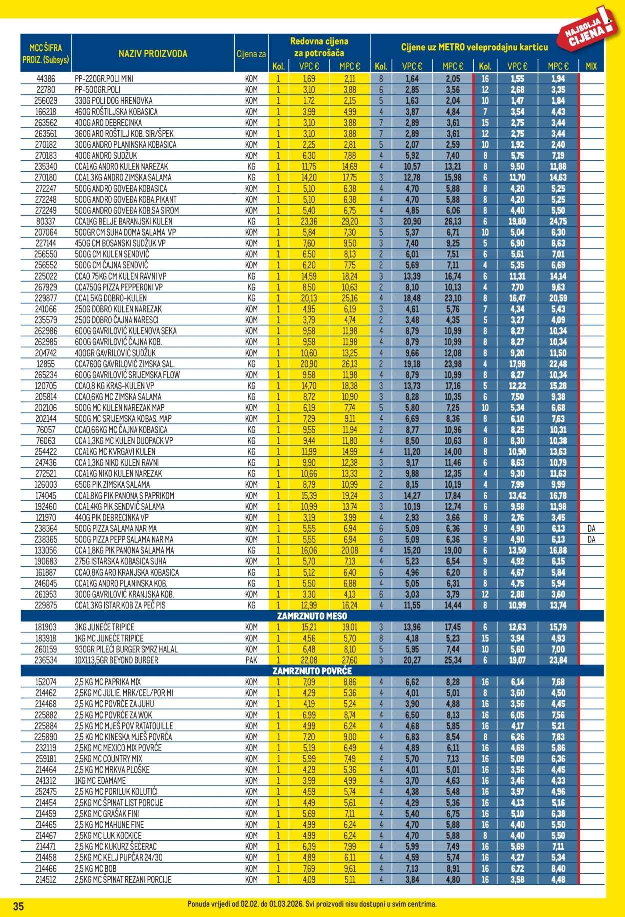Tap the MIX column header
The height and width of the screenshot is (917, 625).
coord(591,66)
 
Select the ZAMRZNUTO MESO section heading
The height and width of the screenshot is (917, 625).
coord(311,616)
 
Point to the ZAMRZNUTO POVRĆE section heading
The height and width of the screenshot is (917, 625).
coord(311,671)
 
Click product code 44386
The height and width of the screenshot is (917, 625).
coord(46,79)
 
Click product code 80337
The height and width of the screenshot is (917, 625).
coord(46,221)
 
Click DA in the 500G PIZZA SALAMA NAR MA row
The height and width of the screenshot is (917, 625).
coord(591,528)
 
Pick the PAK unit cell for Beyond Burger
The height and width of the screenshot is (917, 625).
coord(251,660)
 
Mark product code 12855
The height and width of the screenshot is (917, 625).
coord(46,364)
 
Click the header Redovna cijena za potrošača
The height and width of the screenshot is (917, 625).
coord(319,47)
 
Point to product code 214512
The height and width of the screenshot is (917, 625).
coord(46,879)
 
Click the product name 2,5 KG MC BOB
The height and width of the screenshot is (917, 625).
coord(95,868)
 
